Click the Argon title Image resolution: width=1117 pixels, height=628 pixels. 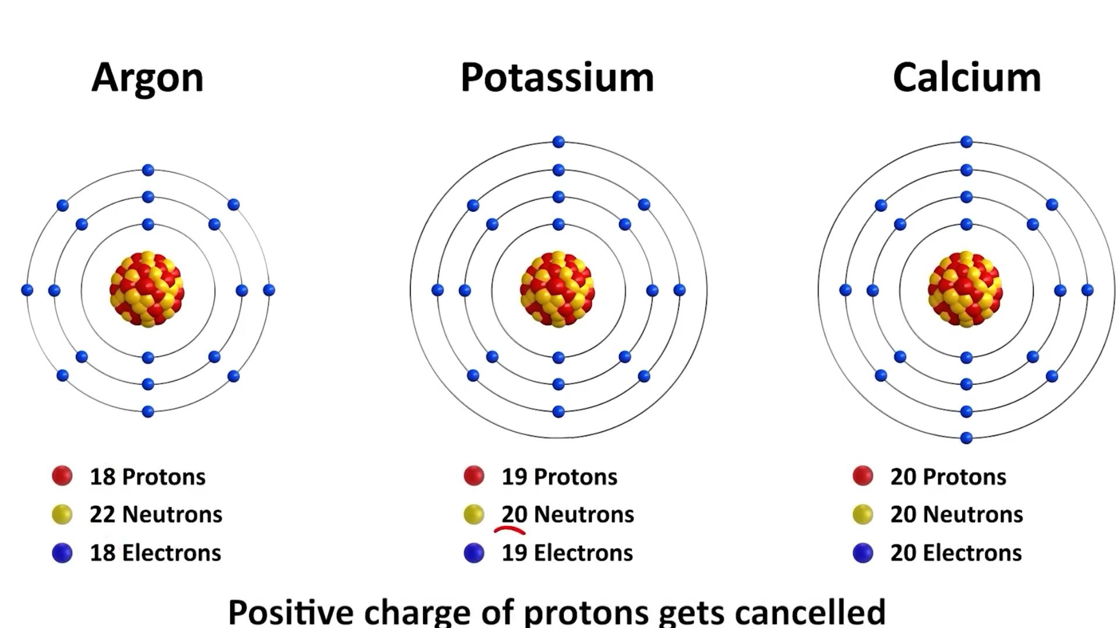click(147, 77)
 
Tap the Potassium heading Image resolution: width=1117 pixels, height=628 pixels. click(557, 77)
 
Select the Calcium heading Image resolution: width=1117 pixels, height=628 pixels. click(966, 77)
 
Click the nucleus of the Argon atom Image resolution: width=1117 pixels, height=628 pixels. click(147, 289)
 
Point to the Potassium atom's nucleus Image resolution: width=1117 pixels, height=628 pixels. click(557, 289)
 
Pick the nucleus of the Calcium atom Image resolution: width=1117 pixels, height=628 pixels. click(966, 289)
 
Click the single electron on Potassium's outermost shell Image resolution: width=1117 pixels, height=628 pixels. click(558, 142)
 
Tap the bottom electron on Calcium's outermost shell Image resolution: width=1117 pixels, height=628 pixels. click(966, 438)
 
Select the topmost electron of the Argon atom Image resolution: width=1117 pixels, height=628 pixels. click(148, 170)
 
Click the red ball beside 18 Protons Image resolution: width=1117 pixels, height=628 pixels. click(62, 476)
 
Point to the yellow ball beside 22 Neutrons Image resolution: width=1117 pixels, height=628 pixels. click(62, 515)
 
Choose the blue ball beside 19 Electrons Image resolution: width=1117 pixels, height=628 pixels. click(474, 552)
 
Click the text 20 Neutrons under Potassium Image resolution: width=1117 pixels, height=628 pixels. click(567, 515)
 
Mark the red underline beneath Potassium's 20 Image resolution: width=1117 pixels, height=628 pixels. click(510, 530)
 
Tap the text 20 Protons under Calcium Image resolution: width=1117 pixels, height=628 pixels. click(948, 477)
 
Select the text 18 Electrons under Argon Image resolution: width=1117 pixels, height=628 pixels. click(155, 552)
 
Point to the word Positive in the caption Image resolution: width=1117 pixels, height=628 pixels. click(290, 612)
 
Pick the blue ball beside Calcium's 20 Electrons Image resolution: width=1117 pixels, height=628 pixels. click(863, 552)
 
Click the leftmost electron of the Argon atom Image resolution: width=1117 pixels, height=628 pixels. click(27, 290)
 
